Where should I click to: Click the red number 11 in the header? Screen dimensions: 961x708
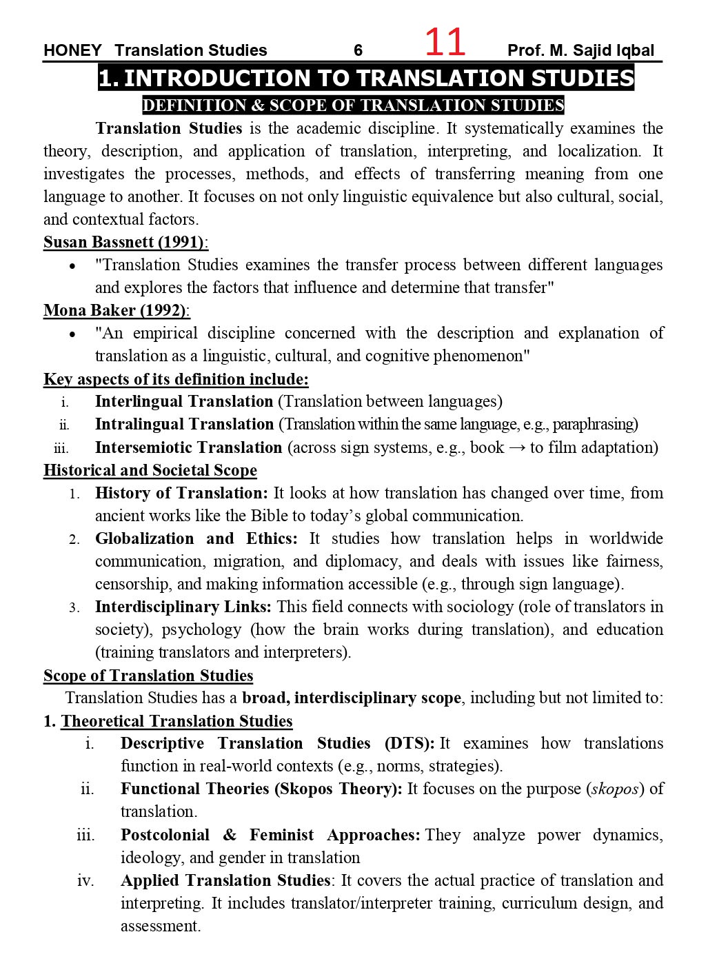coord(445,43)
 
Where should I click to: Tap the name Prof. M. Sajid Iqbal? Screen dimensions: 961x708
coord(580,50)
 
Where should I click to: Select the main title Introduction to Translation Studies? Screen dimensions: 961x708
coord(366,78)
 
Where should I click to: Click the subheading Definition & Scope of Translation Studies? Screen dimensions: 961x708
coord(353,105)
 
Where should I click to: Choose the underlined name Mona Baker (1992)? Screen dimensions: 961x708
coord(116,310)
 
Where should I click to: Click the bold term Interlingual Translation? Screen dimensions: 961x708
coord(184,401)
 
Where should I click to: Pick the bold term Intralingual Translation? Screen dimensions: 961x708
coord(185,424)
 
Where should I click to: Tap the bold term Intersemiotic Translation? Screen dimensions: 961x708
coord(188,447)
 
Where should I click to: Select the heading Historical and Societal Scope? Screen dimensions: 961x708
coord(150,470)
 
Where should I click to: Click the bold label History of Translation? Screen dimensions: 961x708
coord(181,493)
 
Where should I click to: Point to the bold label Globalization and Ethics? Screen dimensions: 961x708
coord(196,538)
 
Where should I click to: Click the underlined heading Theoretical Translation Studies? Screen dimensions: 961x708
coord(176,721)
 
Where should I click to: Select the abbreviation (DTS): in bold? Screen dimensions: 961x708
coord(409,743)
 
